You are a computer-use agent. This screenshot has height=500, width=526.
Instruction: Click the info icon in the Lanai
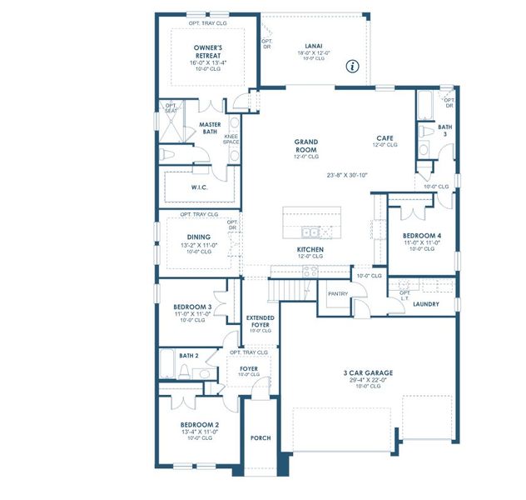pos(352,65)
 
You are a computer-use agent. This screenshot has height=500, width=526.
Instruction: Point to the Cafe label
pos(385,138)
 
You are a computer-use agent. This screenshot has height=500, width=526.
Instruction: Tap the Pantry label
pos(338,293)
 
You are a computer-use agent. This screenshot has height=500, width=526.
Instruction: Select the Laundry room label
pos(426,304)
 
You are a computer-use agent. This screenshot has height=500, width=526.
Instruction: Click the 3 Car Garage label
pos(367,373)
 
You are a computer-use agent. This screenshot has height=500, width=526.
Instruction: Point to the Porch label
pos(261,438)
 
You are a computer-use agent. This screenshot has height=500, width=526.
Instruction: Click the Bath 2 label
pos(188,356)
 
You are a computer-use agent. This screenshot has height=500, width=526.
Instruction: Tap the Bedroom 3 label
pos(192,307)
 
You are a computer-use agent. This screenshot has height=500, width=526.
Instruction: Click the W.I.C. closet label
pos(199,187)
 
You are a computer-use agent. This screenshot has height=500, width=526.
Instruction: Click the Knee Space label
pos(231,139)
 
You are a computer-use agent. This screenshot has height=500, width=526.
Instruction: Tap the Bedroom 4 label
pos(422,236)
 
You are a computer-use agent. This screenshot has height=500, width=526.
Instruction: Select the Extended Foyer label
pos(261,322)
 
